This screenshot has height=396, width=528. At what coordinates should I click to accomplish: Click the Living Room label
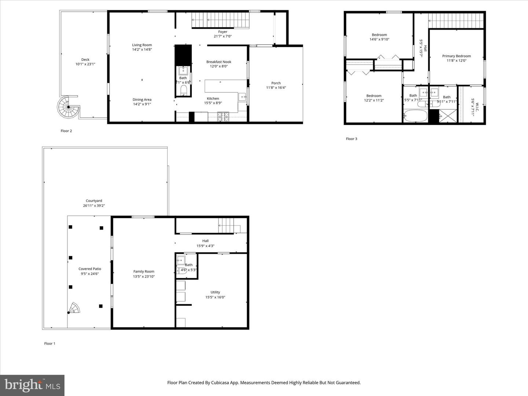pos(142,45)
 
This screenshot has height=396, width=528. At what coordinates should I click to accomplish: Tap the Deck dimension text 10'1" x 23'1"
pos(85,64)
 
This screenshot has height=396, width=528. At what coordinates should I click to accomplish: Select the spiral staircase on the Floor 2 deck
pos(68,107)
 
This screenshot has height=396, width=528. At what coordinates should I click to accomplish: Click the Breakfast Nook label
pos(219,62)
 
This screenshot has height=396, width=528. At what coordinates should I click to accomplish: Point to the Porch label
pos(276,83)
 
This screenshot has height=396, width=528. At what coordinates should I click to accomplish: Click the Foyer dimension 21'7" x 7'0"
pos(223,36)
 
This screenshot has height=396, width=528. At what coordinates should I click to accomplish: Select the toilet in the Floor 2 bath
pos(183,91)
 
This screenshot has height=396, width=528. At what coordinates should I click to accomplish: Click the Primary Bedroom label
pos(456,56)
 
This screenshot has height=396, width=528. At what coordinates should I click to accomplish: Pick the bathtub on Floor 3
pos(415,116)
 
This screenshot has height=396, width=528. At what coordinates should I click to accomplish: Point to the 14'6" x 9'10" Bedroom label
pos(379,35)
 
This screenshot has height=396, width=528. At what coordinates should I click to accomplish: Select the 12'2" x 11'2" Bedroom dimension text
pos(374,100)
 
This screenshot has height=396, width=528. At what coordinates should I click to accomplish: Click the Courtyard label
pos(94,201)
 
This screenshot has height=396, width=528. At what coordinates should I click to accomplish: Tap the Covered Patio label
pos(89,269)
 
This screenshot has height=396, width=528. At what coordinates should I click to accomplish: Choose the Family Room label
pos(144,272)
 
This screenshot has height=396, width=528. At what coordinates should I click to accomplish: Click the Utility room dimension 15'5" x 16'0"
pos(215,297)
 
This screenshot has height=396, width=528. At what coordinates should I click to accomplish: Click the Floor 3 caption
pos(351,139)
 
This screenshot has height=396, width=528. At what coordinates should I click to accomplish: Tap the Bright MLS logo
pos(32,385)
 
